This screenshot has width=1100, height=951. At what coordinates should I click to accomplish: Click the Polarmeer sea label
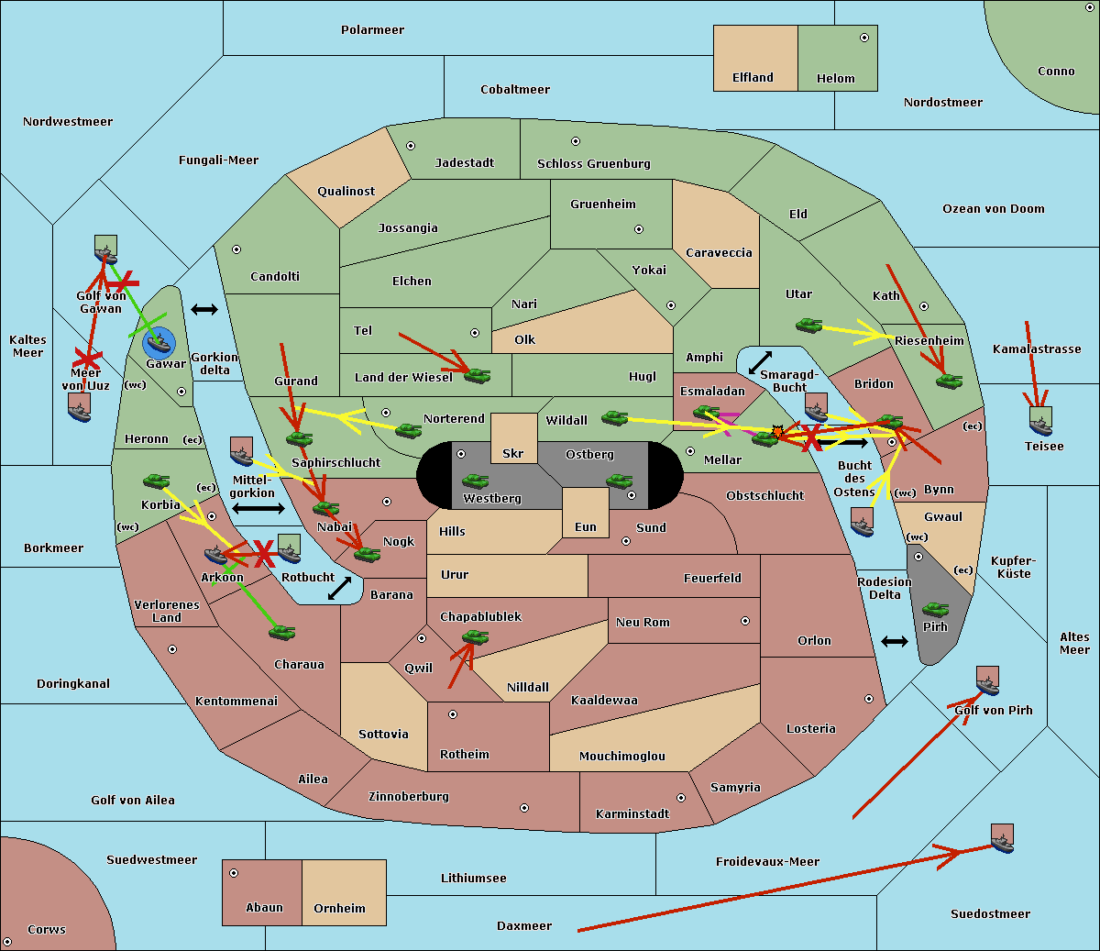[372, 30]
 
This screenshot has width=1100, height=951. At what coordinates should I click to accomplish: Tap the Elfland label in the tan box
[753, 78]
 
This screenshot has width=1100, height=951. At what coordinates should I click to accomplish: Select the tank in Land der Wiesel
[477, 374]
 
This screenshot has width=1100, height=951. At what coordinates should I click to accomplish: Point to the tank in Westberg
[475, 481]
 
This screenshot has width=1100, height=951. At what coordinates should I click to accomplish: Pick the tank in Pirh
[935, 609]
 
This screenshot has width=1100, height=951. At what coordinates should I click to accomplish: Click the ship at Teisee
[1040, 421]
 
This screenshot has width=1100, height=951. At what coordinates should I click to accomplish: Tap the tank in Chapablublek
[475, 637]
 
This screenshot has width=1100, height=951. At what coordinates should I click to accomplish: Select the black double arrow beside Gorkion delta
[203, 310]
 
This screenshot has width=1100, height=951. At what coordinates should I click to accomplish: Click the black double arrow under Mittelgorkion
[258, 508]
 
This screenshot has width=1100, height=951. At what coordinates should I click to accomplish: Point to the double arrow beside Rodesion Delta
[895, 641]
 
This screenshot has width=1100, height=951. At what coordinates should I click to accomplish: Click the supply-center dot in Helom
[863, 38]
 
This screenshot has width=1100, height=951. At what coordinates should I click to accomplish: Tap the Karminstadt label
[632, 813]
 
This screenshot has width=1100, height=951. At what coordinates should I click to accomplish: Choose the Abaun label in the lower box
[264, 908]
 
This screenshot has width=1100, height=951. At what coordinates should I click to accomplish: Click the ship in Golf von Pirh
[987, 680]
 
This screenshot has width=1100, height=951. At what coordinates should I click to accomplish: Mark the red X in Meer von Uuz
[87, 357]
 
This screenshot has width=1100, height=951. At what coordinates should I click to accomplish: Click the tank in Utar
[808, 325]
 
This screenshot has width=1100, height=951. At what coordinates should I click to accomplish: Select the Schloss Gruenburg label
[593, 164]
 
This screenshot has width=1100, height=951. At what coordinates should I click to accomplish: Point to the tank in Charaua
[281, 632]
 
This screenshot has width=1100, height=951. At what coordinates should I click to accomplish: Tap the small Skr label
[512, 454]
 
